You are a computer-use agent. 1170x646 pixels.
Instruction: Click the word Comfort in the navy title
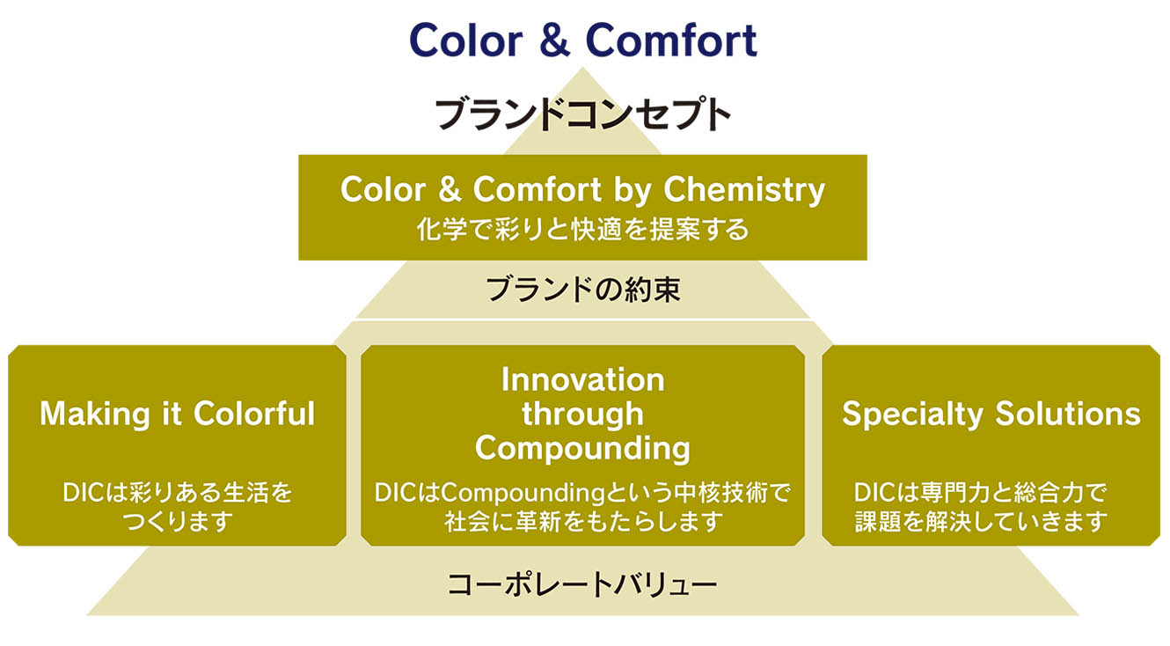(671, 40)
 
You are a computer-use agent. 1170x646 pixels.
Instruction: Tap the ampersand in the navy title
(554, 40)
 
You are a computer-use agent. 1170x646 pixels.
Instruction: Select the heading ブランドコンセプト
(582, 114)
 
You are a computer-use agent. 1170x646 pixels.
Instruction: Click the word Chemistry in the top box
(744, 190)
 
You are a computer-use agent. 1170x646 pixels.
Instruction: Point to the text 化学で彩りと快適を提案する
(582, 230)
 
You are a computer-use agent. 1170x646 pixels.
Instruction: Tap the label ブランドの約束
(583, 290)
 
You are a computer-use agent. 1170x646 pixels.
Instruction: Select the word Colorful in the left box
(254, 414)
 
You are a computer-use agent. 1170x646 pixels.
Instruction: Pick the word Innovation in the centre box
(583, 379)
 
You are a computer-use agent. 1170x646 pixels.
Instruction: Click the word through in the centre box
(583, 415)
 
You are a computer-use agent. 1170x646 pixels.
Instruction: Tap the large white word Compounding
(582, 449)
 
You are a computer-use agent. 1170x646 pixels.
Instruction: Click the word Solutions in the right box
(1068, 414)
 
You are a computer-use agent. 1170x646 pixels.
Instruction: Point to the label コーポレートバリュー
(582, 584)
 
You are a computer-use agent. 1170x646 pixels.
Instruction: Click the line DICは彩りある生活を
(177, 493)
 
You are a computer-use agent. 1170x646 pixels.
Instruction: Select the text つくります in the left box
(177, 521)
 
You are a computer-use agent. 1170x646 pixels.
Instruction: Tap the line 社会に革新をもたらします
(583, 521)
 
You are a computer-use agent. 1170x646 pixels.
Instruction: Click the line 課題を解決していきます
(981, 521)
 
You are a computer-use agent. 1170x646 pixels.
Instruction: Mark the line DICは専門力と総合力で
(981, 493)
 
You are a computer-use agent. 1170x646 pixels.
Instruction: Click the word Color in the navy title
(466, 40)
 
